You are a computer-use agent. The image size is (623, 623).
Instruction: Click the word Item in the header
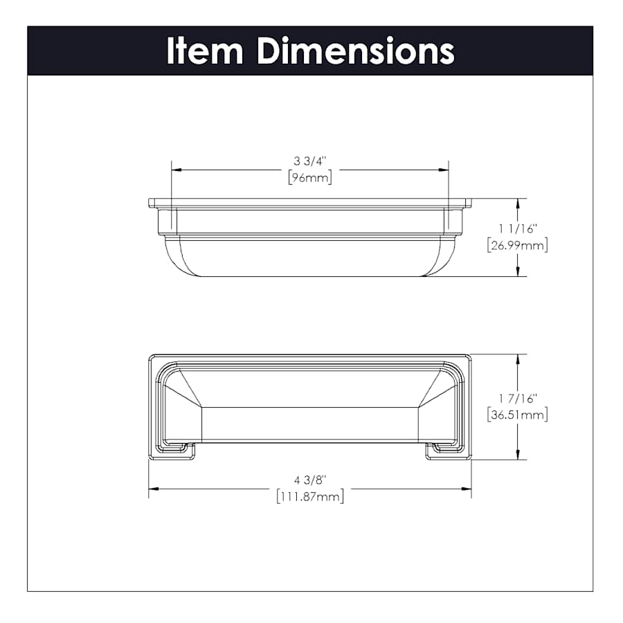[x=205, y=51]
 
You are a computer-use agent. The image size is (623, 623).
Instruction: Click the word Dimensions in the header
[x=356, y=51]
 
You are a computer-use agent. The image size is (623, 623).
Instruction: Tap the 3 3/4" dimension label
[x=310, y=161]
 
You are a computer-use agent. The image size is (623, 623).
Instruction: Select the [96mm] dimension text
[x=310, y=178]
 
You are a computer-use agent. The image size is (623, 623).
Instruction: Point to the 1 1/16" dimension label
[x=518, y=229]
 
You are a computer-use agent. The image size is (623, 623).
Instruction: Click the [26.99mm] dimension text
[x=518, y=245]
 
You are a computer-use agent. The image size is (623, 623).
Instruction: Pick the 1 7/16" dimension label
[x=518, y=399]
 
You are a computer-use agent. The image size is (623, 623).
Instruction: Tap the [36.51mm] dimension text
[x=518, y=415]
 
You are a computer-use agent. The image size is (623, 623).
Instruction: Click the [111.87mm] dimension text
[x=310, y=496]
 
